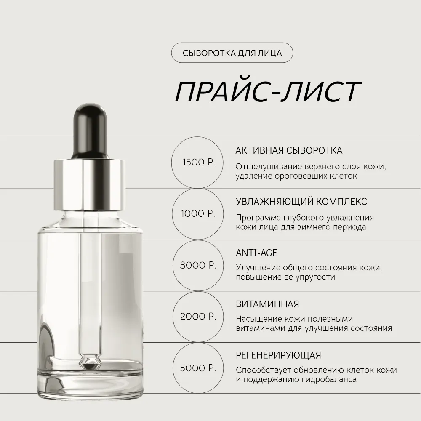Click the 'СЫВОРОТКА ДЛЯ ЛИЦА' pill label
(232, 53)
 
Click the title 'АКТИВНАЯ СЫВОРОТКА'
(289, 150)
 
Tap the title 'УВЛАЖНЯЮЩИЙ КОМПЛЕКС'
(301, 201)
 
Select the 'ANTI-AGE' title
(256, 253)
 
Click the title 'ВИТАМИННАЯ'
(267, 304)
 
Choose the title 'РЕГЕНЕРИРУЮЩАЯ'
(278, 355)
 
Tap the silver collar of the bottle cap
(90, 185)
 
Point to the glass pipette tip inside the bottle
(90, 362)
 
